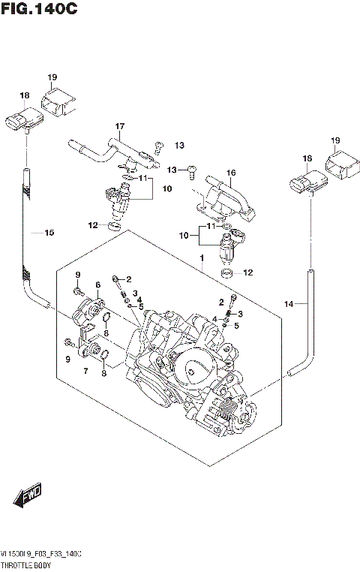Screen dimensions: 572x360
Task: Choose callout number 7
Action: [x=85, y=371]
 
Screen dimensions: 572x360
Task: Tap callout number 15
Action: [x=49, y=233]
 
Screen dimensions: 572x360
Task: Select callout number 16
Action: [x=231, y=173]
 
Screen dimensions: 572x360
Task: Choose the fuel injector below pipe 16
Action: [x=229, y=244]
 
